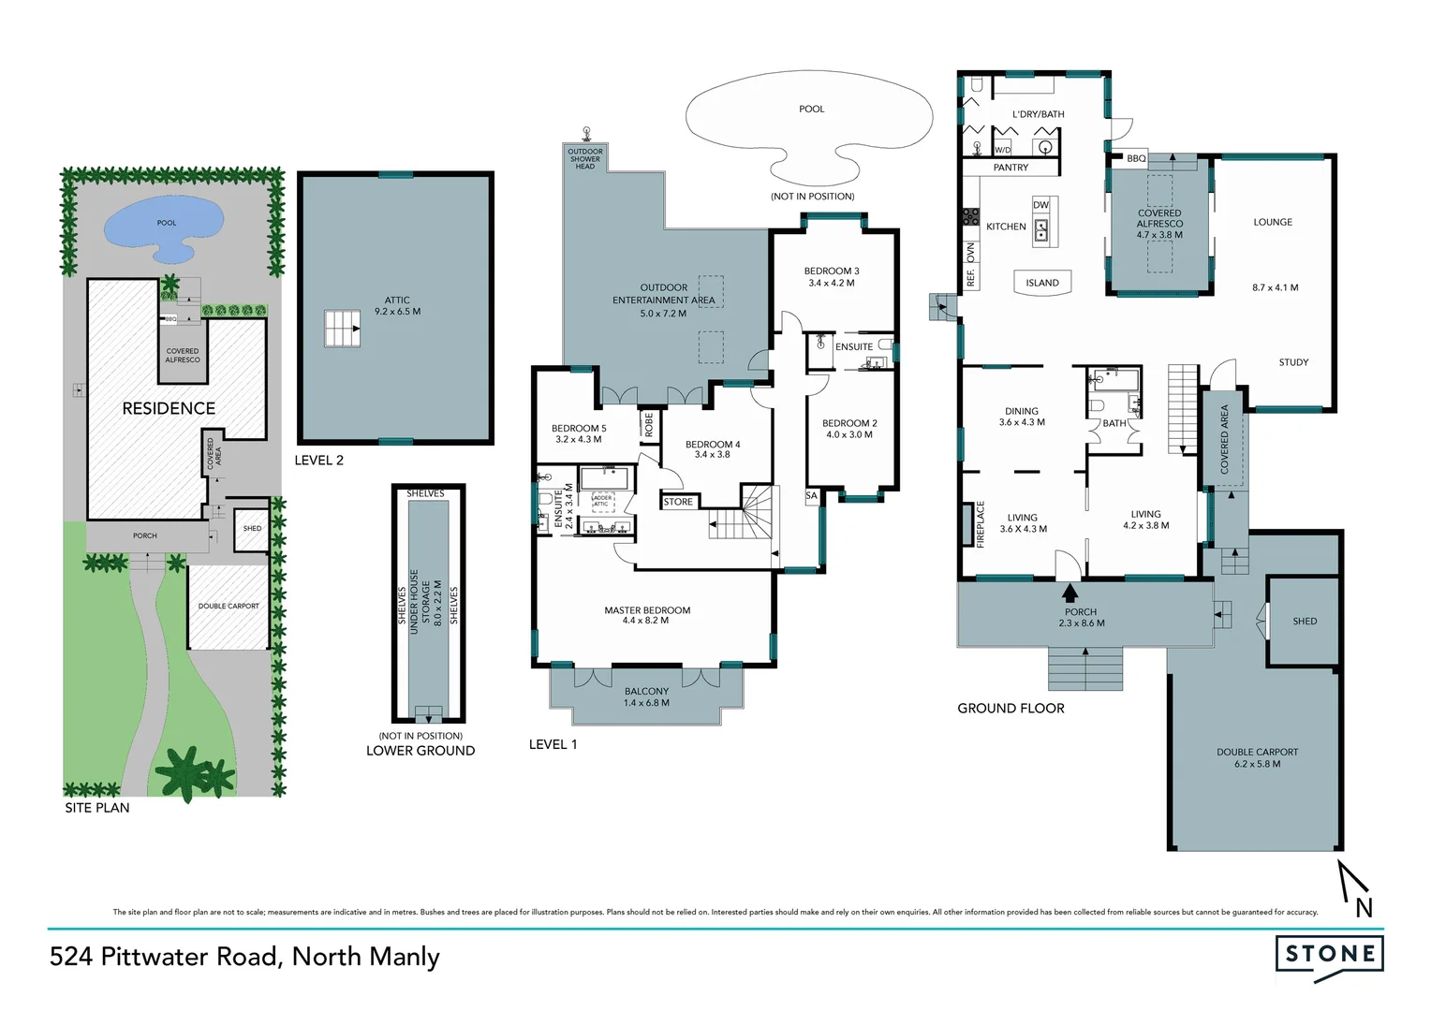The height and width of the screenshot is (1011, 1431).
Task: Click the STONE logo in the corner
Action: point(1329,955)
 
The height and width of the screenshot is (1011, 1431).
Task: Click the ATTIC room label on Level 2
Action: point(397,300)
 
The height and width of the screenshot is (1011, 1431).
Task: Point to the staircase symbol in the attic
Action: point(342,329)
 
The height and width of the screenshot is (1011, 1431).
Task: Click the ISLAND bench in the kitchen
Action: point(1041,283)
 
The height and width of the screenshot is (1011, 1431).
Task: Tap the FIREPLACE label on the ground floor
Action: point(981,524)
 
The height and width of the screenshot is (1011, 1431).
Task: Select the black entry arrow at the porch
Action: point(1070,593)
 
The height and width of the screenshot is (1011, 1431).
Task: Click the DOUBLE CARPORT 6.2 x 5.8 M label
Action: point(1257,757)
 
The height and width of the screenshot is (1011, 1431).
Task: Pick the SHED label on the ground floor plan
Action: point(1304,621)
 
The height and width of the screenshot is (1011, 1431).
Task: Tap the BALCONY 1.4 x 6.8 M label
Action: point(646,696)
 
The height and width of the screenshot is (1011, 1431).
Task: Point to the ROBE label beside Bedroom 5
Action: point(648,425)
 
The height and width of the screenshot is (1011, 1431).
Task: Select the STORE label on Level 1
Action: point(678,502)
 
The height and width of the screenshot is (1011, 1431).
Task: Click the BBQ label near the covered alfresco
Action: point(1136,158)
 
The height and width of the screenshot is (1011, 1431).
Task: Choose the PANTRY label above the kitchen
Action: point(1011,168)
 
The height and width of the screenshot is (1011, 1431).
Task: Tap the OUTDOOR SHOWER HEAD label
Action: point(585,158)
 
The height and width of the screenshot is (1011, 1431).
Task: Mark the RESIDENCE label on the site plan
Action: point(169,408)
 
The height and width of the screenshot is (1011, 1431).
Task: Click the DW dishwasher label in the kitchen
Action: point(1040,205)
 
